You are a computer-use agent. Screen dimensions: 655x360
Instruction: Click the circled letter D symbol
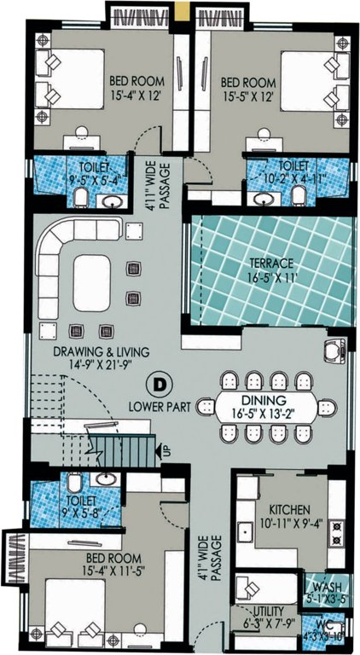click(158, 382)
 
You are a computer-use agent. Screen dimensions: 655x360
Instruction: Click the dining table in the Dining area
click(269, 409)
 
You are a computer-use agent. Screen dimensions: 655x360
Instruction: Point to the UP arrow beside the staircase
click(166, 449)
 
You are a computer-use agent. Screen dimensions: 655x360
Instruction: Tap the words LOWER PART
click(159, 402)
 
